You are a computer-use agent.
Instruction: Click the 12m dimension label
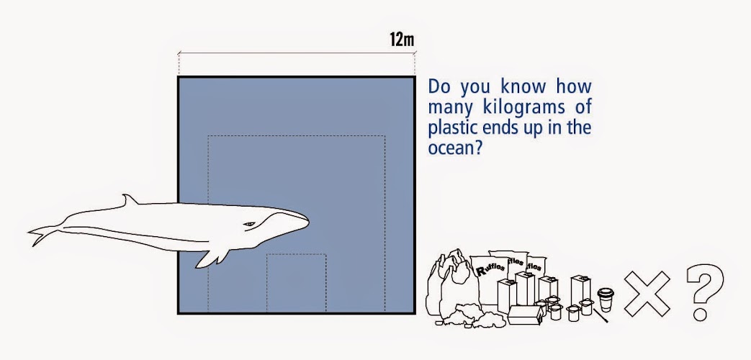click(x=401, y=40)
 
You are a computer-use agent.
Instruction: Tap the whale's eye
click(x=249, y=224)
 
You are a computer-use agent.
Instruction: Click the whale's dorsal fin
click(x=128, y=200)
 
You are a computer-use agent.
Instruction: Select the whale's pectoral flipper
click(x=212, y=258)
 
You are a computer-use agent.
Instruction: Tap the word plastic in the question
click(x=450, y=127)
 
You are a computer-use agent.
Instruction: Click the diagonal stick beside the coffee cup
click(x=601, y=315)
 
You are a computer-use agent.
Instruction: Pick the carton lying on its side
click(x=525, y=315)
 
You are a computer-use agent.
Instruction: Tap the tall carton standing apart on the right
click(x=580, y=289)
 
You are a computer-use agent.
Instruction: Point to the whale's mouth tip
click(x=307, y=222)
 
